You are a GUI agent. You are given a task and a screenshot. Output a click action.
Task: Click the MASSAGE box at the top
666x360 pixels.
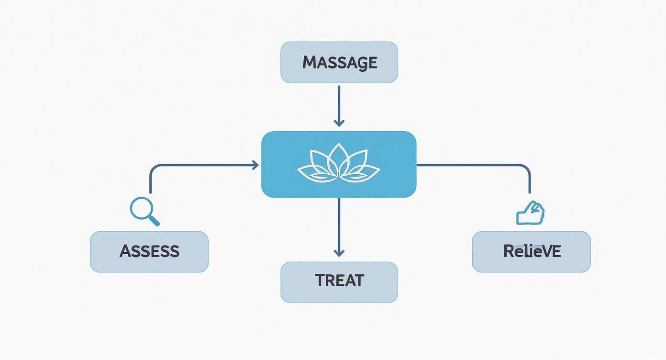click(339, 62)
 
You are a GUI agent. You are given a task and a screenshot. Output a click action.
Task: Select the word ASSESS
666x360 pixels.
click(149, 251)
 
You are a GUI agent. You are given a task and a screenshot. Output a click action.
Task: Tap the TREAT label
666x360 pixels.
click(339, 281)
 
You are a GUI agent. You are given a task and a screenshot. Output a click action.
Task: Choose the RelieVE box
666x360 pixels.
click(531, 251)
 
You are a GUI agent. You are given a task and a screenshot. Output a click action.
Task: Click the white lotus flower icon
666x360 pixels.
click(339, 164)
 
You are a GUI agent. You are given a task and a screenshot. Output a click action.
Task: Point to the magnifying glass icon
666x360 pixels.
click(144, 212)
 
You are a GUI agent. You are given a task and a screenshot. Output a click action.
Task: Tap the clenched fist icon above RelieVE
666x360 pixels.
click(531, 213)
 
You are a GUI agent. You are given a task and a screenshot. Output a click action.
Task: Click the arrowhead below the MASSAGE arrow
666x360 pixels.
click(339, 123)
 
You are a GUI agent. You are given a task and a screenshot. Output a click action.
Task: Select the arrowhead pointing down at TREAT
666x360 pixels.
click(339, 253)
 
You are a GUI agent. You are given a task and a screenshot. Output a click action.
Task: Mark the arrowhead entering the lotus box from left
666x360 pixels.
click(255, 165)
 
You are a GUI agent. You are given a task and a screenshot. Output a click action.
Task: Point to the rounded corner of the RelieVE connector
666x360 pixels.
click(526, 169)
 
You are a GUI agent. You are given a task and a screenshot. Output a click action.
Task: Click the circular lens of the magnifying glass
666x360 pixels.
click(141, 209)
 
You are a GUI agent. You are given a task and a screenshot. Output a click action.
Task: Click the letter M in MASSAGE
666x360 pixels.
click(310, 63)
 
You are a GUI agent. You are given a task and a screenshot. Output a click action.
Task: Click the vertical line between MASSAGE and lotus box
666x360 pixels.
click(339, 103)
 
